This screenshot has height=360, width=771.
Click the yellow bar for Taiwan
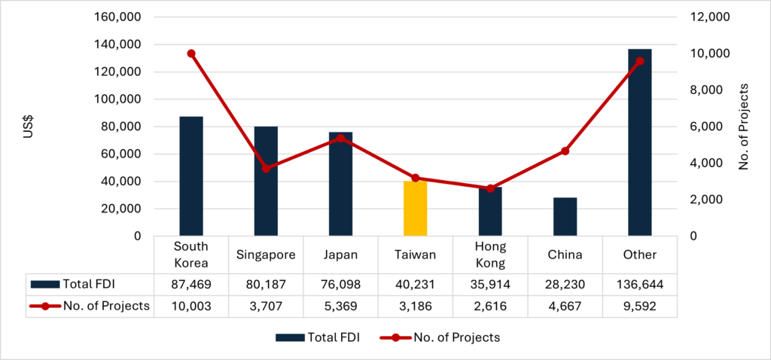pyautogui.click(x=415, y=209)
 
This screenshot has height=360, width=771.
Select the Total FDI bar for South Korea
pyautogui.click(x=191, y=176)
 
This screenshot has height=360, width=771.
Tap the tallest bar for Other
pyautogui.click(x=639, y=142)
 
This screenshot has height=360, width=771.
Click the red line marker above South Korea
pyautogui.click(x=191, y=53)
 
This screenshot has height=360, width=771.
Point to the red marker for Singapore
pyautogui.click(x=266, y=168)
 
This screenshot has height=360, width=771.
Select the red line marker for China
pyautogui.click(x=565, y=151)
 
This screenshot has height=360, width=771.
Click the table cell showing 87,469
pyautogui.click(x=191, y=285)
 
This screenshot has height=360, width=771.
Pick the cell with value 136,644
pyautogui.click(x=639, y=285)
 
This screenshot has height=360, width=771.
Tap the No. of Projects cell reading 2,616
pyautogui.click(x=489, y=306)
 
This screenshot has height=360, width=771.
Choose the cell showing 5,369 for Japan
pyautogui.click(x=340, y=306)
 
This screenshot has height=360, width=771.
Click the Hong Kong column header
pyautogui.click(x=489, y=255)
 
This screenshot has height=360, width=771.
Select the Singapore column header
pyautogui.click(x=266, y=255)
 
